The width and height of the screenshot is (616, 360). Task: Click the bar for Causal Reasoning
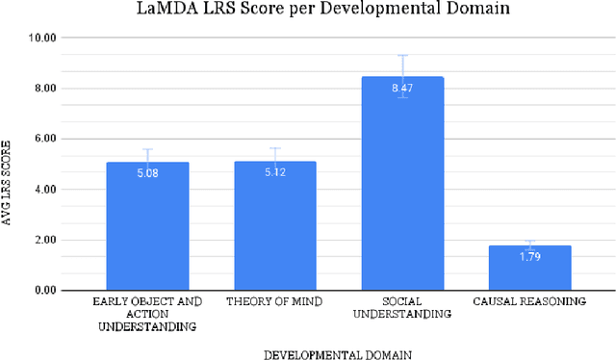click(x=529, y=269)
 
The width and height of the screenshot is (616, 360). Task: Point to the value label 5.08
click(x=147, y=174)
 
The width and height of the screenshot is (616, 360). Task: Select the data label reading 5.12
click(x=274, y=173)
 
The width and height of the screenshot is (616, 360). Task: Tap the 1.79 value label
click(x=529, y=257)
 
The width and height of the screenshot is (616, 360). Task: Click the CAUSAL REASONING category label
click(x=529, y=302)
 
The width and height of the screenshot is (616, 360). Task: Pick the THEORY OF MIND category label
click(x=274, y=302)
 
